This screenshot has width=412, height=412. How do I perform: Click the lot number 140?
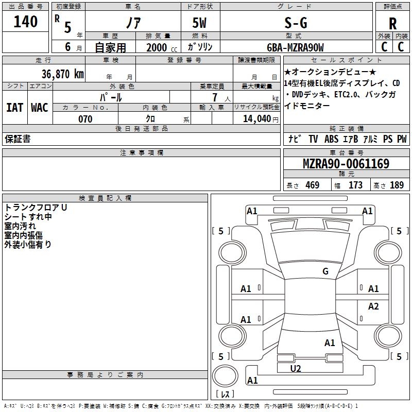[25, 22]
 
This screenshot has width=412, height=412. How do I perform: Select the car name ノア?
[133, 23]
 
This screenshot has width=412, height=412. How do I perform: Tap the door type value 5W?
[199, 23]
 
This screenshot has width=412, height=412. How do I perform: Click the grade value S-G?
[296, 23]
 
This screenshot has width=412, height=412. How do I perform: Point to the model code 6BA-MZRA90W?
[295, 47]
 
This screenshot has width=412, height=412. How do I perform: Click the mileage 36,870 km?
[63, 74]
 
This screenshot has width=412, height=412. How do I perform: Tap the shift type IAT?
[14, 108]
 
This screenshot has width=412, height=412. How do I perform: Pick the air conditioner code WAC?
[40, 108]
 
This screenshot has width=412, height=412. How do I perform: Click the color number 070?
[85, 119]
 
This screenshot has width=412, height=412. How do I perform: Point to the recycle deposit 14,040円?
[261, 119]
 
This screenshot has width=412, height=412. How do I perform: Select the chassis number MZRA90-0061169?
[346, 163]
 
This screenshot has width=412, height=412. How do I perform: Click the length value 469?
[313, 185]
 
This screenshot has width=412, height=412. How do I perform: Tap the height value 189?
[397, 185]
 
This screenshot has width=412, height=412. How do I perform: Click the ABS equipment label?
[331, 139]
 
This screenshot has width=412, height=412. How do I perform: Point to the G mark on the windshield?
[325, 271]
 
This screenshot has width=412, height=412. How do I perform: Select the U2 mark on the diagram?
[296, 368]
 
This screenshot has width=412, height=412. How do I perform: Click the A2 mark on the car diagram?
[373, 306]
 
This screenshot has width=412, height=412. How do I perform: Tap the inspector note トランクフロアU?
[36, 208]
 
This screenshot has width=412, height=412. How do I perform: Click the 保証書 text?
[18, 139]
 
